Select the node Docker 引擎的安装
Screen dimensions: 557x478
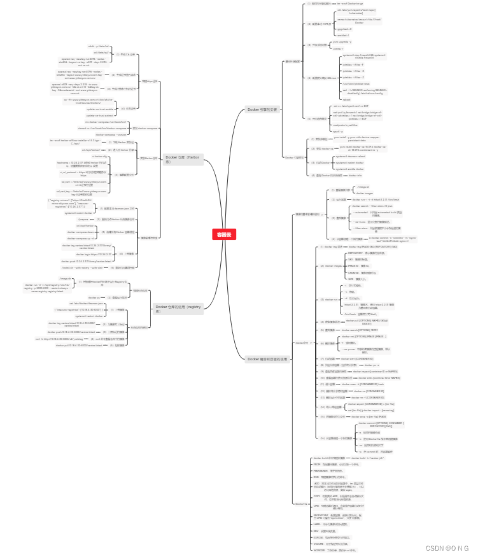(262, 109)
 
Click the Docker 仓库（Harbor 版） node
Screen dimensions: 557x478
(183, 159)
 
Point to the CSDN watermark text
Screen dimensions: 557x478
(447, 547)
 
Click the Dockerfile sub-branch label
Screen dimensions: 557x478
(302, 503)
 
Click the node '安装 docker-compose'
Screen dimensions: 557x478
(144, 128)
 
